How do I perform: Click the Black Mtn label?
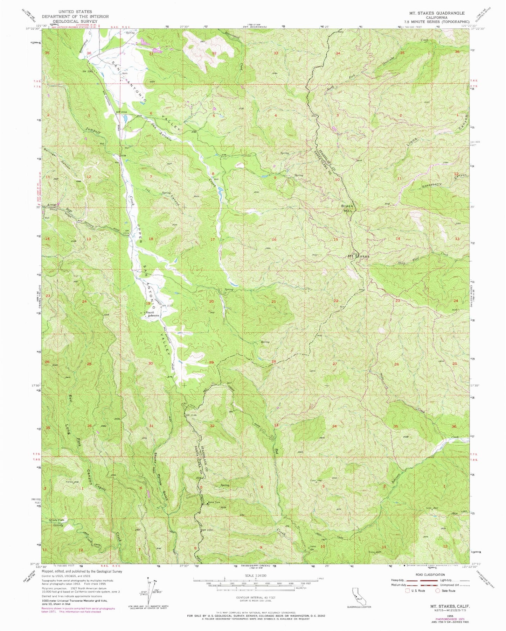[x=348, y=208]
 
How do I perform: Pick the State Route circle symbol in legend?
[x=438, y=591]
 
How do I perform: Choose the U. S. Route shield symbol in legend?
[x=407, y=591]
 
